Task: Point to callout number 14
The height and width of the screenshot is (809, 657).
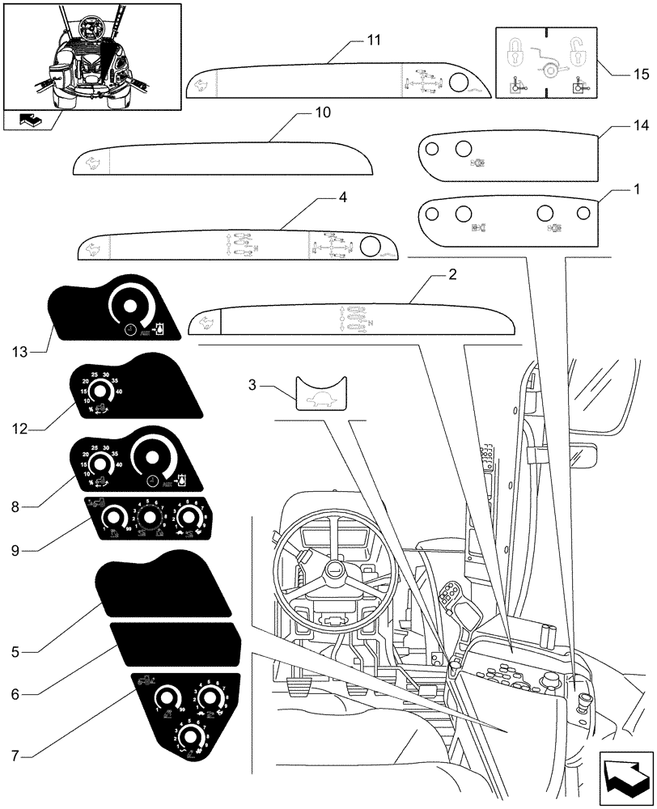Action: pyautogui.click(x=642, y=126)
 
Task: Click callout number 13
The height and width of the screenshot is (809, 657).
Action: pyautogui.click(x=21, y=352)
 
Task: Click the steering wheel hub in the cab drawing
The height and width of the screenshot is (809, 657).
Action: pyautogui.click(x=332, y=572)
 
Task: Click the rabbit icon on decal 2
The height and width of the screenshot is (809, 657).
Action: pyautogui.click(x=206, y=321)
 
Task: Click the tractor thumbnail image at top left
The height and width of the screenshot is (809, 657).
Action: pyautogui.click(x=91, y=55)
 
